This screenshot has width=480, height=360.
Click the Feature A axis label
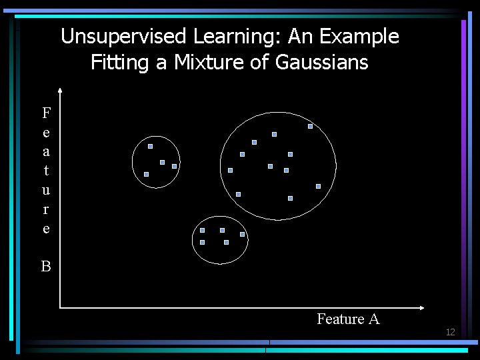click(348, 319)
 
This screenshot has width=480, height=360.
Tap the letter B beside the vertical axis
click(45, 267)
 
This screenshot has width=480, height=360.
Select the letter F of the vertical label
click(45, 112)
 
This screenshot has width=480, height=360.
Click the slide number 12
click(450, 332)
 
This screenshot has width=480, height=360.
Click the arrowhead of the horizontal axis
click(422, 307)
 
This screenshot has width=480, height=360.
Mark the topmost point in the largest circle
click(310, 126)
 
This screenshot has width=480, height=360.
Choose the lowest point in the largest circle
click(290, 198)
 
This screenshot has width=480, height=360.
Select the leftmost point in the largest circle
click(230, 170)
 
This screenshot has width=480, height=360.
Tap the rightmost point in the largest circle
click(318, 186)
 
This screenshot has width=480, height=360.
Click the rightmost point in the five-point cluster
click(242, 234)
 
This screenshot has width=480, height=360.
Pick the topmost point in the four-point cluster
click(150, 146)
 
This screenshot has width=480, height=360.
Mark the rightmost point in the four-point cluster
click(174, 166)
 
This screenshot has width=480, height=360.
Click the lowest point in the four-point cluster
click(146, 174)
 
